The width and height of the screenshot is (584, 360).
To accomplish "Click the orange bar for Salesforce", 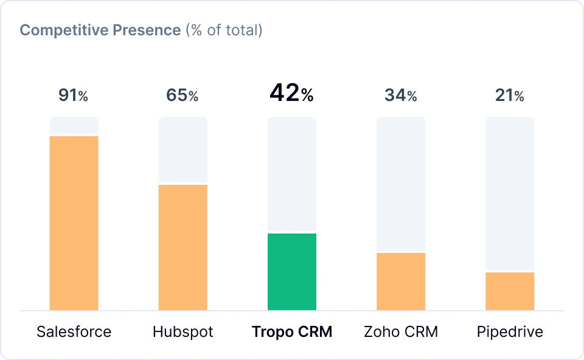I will [x=74, y=223].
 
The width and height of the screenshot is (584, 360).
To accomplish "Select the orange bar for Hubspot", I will [x=182, y=247].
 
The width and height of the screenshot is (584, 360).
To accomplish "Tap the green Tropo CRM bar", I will [x=292, y=271].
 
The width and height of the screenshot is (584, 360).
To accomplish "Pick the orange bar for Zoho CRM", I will [x=401, y=281].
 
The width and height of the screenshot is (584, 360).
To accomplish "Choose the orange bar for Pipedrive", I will [x=510, y=291].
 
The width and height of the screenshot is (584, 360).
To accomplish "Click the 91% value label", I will [x=74, y=95].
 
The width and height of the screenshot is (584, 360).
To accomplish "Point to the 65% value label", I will [x=182, y=95].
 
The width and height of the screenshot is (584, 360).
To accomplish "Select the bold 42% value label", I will [x=292, y=94].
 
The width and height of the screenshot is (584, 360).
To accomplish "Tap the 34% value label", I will [x=401, y=95].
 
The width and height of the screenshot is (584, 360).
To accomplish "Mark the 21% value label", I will [x=510, y=95].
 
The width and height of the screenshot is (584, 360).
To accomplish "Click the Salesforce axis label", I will [x=74, y=332].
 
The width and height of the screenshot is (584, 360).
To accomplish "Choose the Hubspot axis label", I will [x=182, y=332].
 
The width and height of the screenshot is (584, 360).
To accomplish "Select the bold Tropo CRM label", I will [x=292, y=332].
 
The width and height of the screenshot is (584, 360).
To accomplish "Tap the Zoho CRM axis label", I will [x=401, y=332].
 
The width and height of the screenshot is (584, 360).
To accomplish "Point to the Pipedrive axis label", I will [x=510, y=332].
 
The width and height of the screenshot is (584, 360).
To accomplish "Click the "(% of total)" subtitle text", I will [x=224, y=30].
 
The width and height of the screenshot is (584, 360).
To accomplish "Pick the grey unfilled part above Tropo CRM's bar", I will [x=292, y=174].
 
